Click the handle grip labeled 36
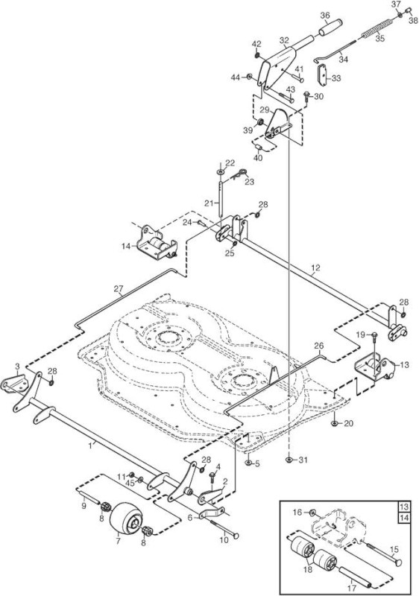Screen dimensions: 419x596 click(x=330, y=28)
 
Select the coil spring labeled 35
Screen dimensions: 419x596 click(x=379, y=28)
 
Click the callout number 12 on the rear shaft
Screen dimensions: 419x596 click(x=315, y=267)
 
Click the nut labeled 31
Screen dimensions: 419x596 click(x=289, y=460)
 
